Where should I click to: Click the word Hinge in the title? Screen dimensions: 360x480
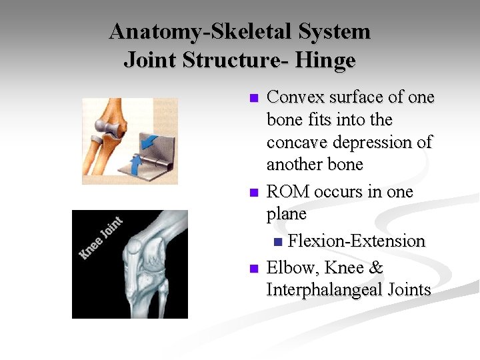(326, 61)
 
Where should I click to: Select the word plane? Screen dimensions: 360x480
(287, 215)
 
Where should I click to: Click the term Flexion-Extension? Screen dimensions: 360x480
(357, 241)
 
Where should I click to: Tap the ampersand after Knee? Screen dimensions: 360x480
(376, 268)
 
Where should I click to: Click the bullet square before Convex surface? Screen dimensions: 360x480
(253, 99)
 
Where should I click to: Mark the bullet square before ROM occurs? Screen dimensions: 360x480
(253, 193)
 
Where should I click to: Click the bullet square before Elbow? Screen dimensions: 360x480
(253, 269)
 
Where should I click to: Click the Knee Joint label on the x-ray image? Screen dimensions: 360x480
(101, 237)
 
